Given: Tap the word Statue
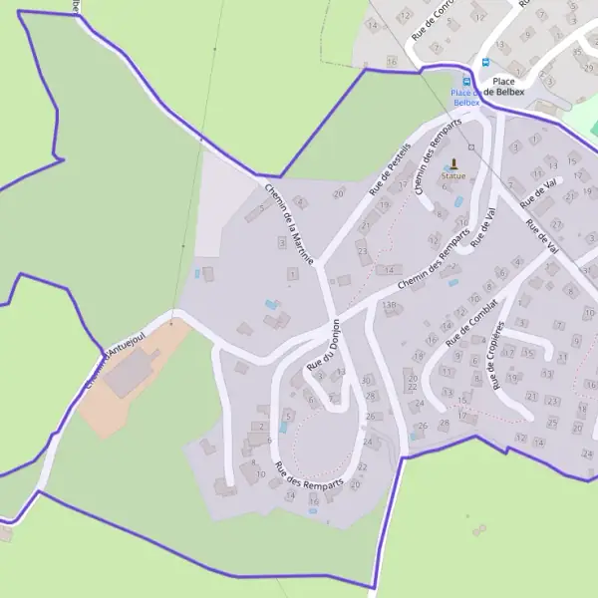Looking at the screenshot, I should point(453,176).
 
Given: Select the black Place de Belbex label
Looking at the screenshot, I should point(503,87).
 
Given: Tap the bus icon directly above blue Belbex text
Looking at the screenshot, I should point(465,80).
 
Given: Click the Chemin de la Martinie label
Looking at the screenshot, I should point(289,223).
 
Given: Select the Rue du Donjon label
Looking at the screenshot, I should point(325,346).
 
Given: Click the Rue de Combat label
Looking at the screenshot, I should point(471,322).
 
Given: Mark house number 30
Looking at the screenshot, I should point(366,381).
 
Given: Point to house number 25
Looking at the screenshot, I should point(552,422).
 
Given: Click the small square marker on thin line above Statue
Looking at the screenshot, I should point(470,146).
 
